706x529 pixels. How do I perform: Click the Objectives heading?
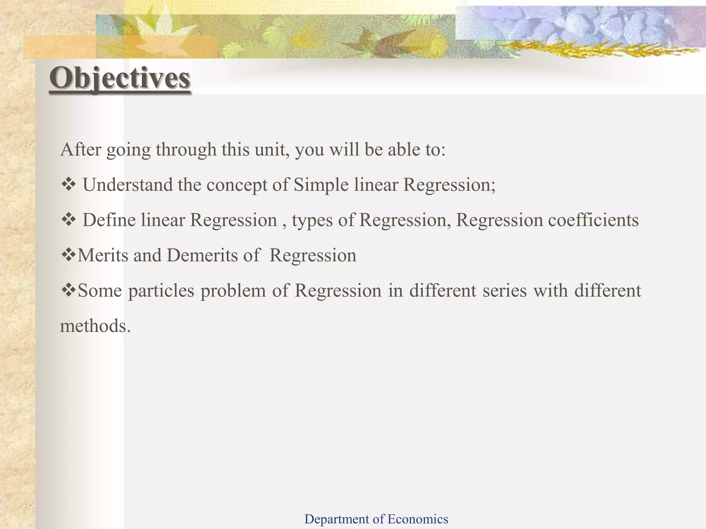[120, 78]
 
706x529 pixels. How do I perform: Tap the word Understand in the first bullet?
[128, 185]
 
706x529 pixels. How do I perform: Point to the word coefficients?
[593, 220]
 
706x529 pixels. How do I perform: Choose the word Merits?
[103, 256]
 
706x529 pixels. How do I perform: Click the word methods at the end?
[95, 326]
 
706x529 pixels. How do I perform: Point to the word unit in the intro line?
[270, 149]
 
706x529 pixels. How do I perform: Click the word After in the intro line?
[81, 149]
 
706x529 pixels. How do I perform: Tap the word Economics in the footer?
[418, 519]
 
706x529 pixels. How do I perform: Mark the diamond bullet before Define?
[69, 220]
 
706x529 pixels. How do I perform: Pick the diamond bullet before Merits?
[69, 255]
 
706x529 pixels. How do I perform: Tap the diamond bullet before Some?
[69, 290]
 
